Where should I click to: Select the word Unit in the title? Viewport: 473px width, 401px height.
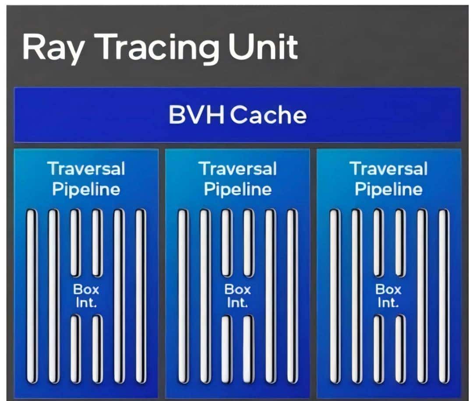pos(263,46)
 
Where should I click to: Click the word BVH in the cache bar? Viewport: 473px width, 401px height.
pos(196,115)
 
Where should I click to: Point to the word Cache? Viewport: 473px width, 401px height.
pos(269,115)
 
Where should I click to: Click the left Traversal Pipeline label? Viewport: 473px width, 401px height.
pos(86,179)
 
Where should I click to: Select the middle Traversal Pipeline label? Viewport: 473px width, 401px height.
pos(238,179)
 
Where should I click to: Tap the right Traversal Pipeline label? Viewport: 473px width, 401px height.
pos(389,179)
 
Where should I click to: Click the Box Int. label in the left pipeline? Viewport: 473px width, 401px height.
pos(86,296)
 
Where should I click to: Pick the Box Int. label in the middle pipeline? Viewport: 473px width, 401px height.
pos(238,296)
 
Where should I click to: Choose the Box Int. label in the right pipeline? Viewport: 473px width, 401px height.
pos(388,296)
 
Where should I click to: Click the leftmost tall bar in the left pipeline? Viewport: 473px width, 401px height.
pos(32,296)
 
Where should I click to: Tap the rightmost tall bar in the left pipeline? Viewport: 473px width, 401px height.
pos(140,296)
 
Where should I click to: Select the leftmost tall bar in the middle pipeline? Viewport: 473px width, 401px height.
pos(183,296)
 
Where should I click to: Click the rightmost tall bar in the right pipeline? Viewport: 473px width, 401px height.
pos(443,296)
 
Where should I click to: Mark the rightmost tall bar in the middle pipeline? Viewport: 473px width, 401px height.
pos(292,296)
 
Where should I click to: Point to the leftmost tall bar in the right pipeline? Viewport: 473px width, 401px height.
pos(334,296)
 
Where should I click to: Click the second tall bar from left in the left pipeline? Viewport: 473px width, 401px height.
pos(53,296)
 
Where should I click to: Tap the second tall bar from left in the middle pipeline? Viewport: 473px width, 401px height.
pos(205,296)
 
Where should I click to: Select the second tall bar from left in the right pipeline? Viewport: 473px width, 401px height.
pos(356,296)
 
